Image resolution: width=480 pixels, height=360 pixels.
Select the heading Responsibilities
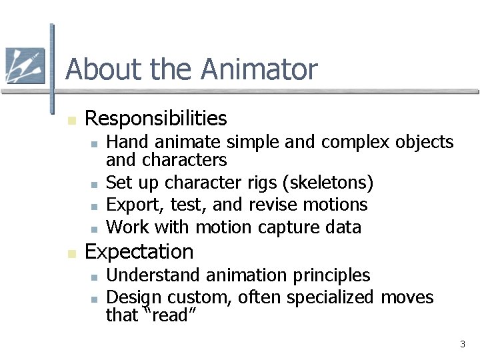pos(156,119)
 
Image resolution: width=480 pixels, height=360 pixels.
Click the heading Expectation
pos(139,252)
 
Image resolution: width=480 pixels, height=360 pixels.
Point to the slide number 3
pos(462,345)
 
